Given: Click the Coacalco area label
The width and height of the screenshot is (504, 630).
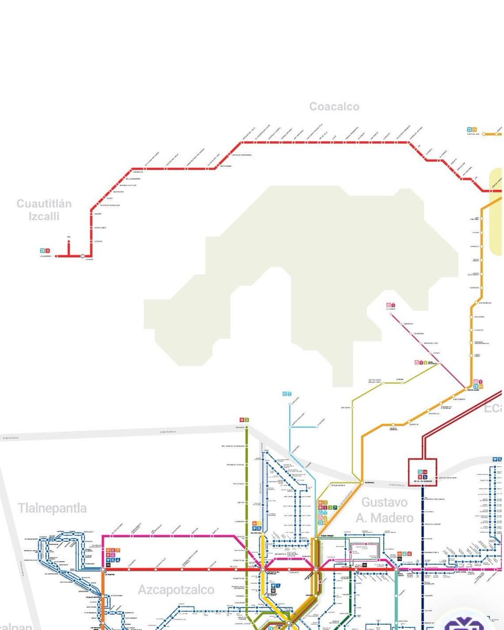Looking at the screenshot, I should click(334, 107).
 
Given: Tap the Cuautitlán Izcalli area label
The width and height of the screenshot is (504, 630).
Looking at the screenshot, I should click(44, 210).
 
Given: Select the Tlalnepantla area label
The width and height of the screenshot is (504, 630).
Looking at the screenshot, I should click(52, 508).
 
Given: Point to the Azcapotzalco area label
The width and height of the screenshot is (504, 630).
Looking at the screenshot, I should click(176, 590).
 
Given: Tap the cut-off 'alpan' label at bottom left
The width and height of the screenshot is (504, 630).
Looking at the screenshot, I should click(16, 626).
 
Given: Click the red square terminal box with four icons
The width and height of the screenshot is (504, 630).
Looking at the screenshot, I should click(423, 472).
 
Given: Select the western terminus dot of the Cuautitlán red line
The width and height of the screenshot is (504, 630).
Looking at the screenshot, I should click(56, 256).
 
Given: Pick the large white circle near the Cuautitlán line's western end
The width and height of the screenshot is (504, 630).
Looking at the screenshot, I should click(82, 256).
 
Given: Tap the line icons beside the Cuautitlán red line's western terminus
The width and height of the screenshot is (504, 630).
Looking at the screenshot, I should click(45, 250).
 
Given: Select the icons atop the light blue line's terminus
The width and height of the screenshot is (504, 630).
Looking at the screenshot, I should click(287, 393).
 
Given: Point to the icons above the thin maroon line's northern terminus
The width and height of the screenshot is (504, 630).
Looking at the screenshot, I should click(390, 304).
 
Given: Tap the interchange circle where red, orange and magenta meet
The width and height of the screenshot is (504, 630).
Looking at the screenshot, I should click(316, 569).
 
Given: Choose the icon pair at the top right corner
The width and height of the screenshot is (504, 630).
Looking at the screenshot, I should click(471, 129).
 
